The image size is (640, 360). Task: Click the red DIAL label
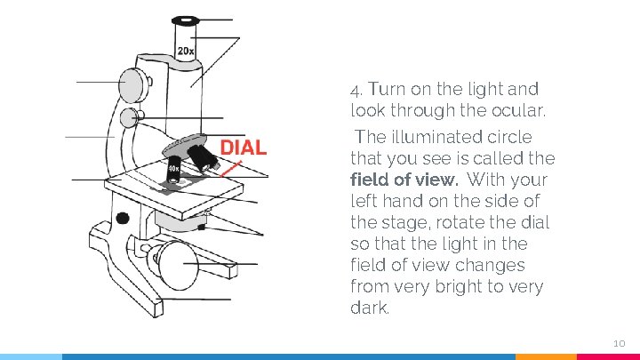pos(243,147)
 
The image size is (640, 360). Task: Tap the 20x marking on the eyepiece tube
pos(185,52)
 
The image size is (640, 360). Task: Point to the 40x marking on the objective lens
pos(173,168)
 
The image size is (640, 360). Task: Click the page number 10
pos(620,343)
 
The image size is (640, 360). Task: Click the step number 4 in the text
pos(356,90)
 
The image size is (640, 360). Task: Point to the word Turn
pos(388,89)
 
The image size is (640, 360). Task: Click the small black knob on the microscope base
pos(123,218)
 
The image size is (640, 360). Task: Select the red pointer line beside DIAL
pos(230,167)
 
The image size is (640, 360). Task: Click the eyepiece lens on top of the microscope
pos(186,19)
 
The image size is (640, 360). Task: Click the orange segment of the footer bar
pos(546,356)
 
